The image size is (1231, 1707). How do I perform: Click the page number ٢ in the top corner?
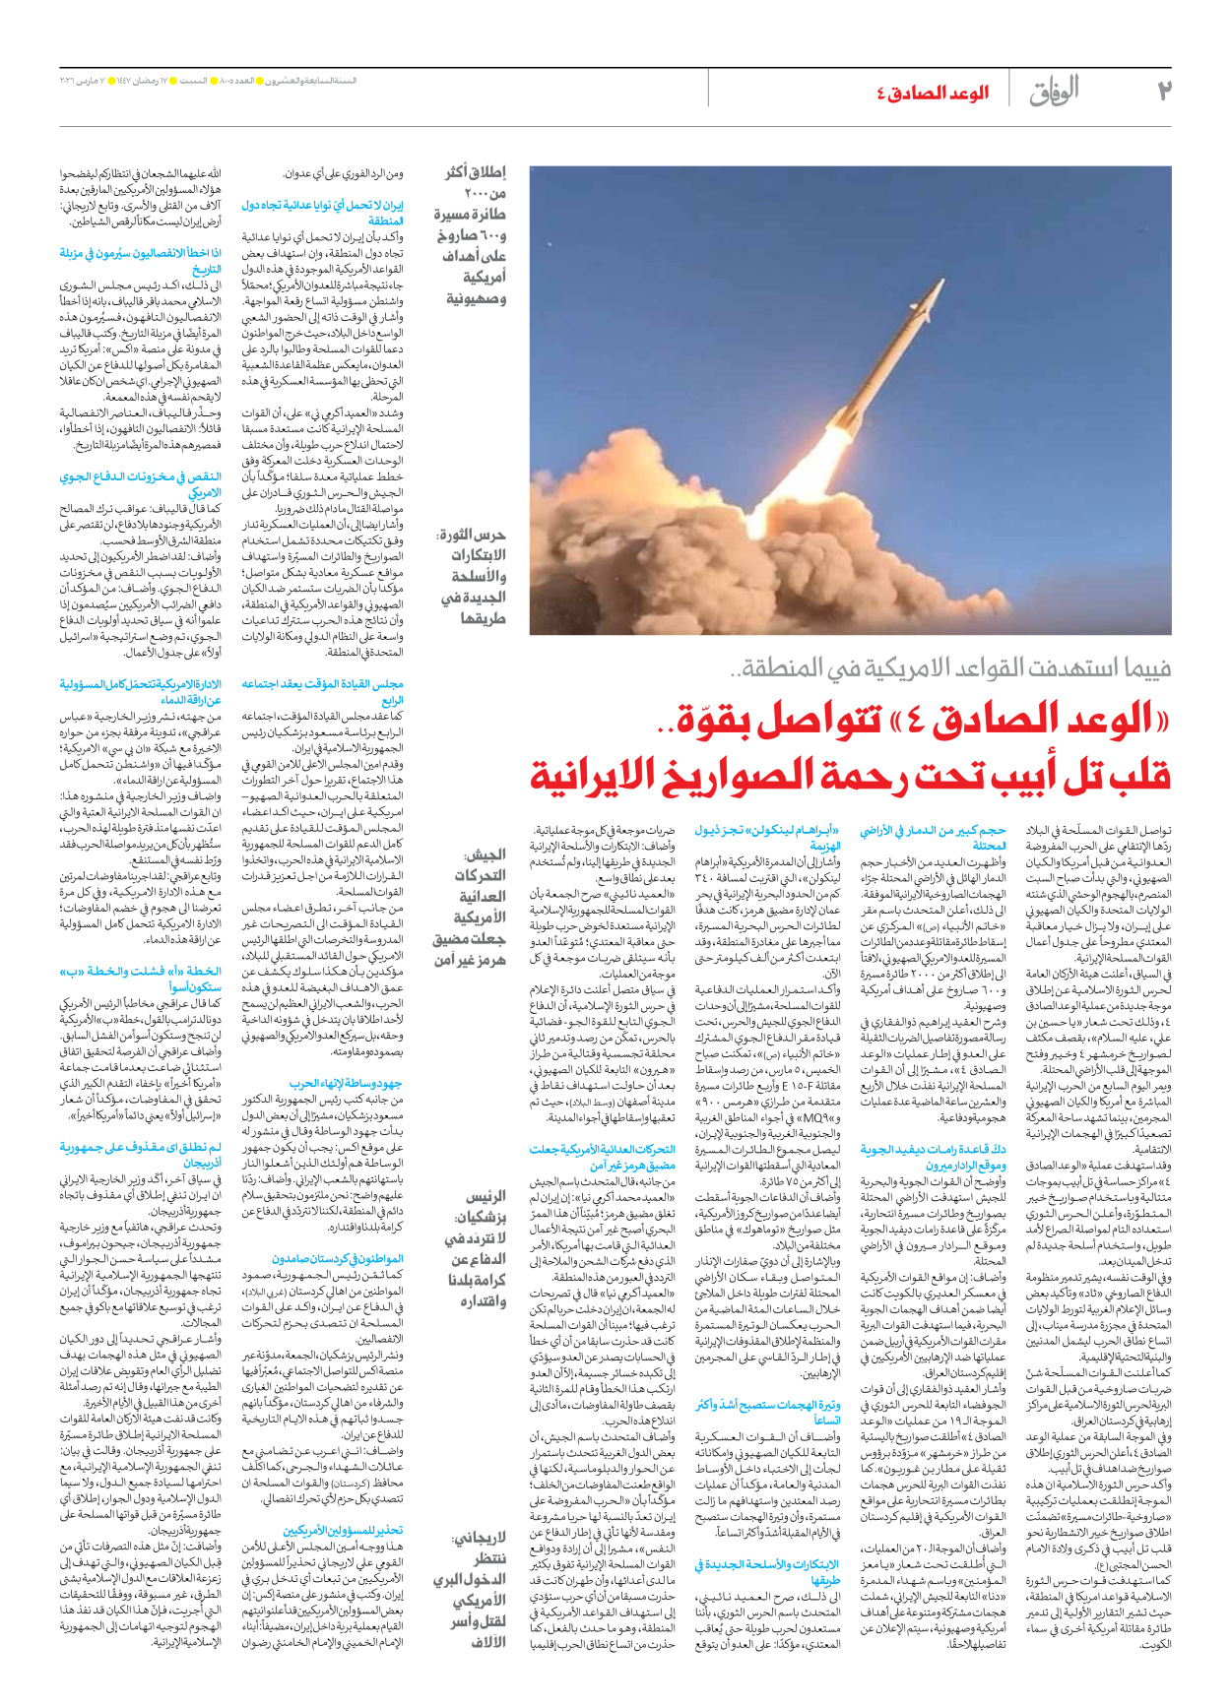[x=1164, y=91]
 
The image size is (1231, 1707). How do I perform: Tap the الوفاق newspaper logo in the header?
[x=1054, y=91]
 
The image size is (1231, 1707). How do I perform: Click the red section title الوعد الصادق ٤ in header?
[x=933, y=94]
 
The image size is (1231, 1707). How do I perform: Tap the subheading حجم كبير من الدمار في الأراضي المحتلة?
[x=933, y=838]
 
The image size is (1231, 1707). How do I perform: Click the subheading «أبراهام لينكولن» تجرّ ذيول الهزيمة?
[x=767, y=838]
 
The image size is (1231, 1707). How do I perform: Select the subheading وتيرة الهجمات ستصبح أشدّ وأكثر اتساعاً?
[x=767, y=1412]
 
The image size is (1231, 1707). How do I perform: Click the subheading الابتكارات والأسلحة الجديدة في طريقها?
[x=767, y=1572]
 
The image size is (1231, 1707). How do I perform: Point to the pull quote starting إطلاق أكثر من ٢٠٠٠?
[x=473, y=234]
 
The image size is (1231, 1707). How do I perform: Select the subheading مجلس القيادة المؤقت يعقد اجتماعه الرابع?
[x=323, y=692]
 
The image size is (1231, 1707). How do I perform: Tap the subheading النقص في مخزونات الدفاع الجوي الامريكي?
[x=140, y=484]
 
